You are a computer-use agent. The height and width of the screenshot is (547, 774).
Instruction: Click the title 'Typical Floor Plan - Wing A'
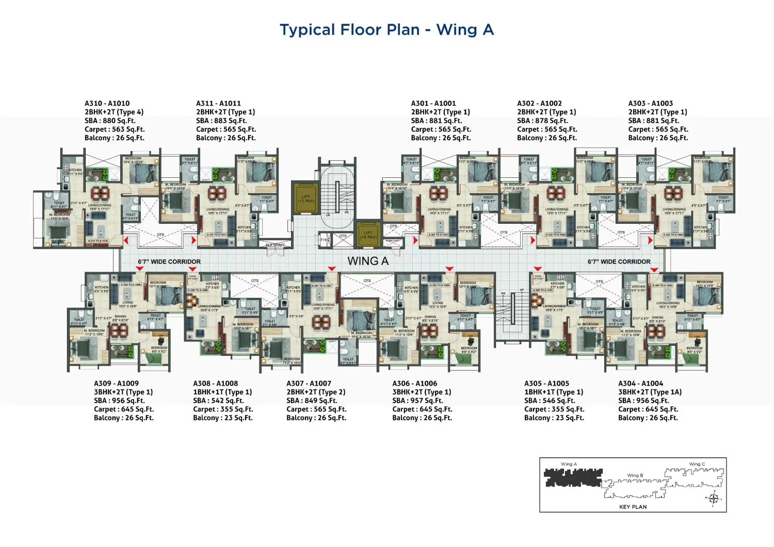[x=386, y=30]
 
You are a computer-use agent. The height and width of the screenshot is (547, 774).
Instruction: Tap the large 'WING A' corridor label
[x=368, y=261]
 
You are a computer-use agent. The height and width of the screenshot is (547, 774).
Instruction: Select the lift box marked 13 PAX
[x=306, y=198]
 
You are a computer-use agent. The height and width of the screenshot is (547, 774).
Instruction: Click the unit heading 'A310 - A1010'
[x=107, y=103]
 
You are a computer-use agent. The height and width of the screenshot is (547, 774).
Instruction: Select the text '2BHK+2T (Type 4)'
[x=114, y=112]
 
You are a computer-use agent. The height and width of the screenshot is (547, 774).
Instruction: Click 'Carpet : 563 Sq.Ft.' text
[x=115, y=129]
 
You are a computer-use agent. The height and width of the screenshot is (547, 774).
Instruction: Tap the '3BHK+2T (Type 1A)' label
[x=650, y=392]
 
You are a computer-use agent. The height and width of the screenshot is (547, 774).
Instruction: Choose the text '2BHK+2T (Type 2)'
[x=316, y=392]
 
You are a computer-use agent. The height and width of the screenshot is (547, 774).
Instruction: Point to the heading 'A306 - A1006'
[x=414, y=383]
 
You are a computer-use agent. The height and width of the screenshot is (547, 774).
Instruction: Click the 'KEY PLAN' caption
[x=633, y=507]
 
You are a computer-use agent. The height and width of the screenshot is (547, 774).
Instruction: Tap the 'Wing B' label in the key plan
[x=635, y=475]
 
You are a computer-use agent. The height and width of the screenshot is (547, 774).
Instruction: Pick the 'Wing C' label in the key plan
[x=697, y=464]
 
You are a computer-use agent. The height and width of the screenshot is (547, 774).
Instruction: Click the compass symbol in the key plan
[x=714, y=498]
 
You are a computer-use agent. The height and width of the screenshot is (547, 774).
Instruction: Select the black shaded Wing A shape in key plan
[x=573, y=478]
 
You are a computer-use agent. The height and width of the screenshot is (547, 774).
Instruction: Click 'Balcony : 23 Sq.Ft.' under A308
[x=223, y=418]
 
